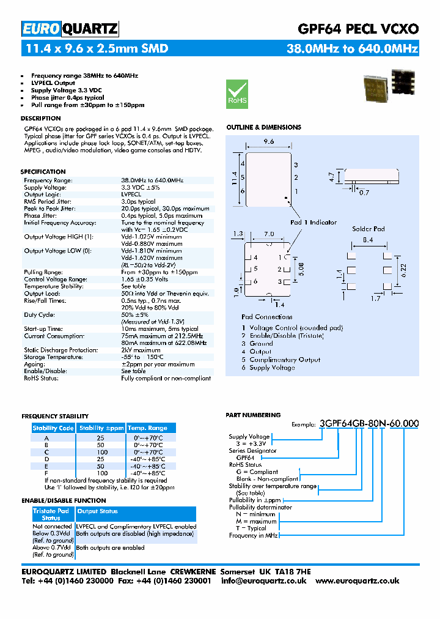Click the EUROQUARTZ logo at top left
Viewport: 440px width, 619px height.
point(70,29)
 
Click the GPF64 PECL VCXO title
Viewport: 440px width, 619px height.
point(358,29)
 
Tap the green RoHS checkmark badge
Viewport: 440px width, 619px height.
point(237,94)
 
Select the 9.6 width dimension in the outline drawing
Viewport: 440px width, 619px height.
point(268,141)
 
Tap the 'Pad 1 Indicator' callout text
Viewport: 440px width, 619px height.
point(313,222)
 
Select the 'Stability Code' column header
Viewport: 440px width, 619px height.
point(53,428)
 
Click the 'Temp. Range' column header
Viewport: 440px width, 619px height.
point(147,428)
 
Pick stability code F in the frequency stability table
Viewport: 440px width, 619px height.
point(46,473)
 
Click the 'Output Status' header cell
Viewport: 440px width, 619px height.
point(98,511)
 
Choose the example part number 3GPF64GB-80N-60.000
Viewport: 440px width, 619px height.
point(369,423)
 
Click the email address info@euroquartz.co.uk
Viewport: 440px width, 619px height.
point(263,580)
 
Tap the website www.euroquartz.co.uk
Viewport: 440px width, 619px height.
point(358,580)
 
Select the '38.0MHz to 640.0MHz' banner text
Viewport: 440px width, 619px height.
point(353,48)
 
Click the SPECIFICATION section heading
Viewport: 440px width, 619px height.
point(43,172)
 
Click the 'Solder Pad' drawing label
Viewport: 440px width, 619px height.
point(369,229)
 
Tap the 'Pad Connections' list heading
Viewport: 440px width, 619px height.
point(267,317)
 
